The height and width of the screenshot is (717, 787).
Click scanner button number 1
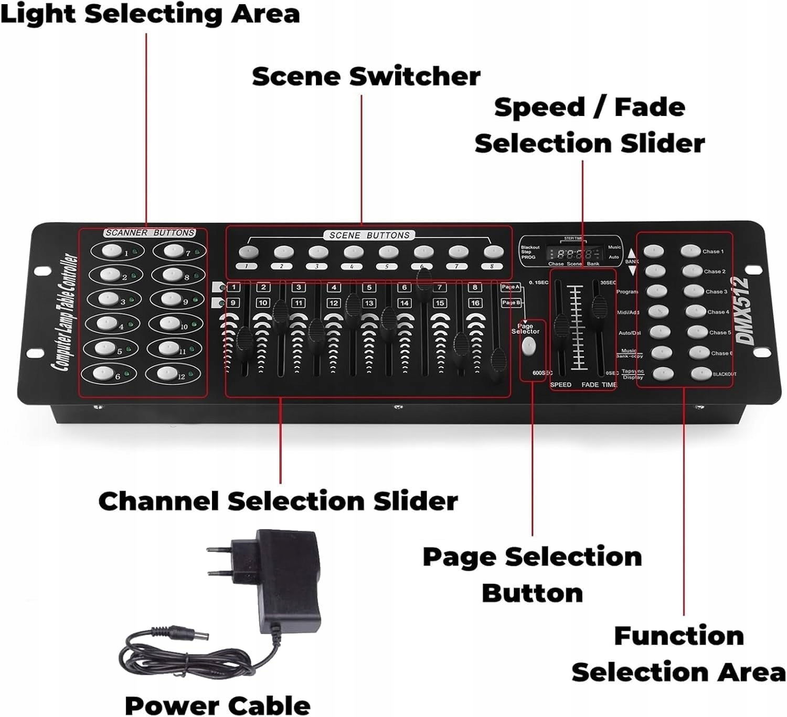tap(111, 250)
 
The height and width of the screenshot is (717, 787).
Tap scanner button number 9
tap(171, 298)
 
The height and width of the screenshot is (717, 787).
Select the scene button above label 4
tap(353, 252)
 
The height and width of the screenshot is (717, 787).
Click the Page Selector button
tap(528, 346)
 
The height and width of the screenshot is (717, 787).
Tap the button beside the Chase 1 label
tap(691, 251)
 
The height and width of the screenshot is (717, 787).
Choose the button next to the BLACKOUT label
tap(701, 374)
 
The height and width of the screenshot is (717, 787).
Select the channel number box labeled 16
tap(475, 303)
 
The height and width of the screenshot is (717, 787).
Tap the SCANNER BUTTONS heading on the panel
tap(150, 233)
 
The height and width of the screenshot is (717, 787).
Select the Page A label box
tap(510, 287)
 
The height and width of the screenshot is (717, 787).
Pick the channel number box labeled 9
tap(232, 303)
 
